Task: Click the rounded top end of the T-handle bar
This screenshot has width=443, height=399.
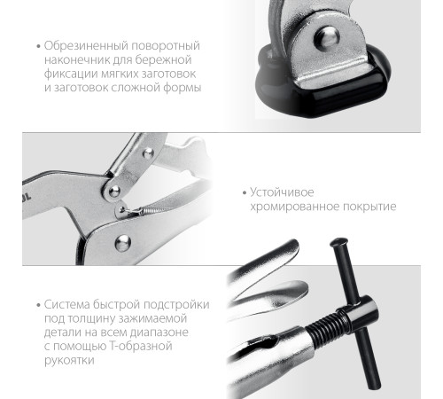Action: pos(338,241)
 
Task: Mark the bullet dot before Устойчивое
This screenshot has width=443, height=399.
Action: pos(243,192)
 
